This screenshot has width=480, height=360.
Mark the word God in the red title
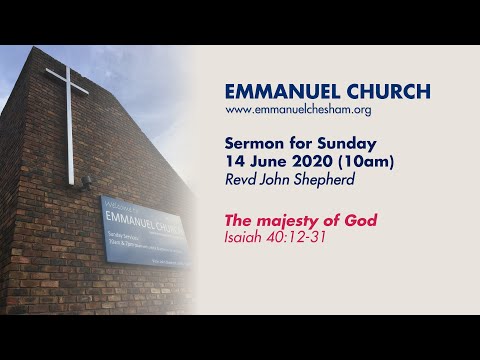click(x=360, y=220)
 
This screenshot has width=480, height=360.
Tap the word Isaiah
click(x=246, y=237)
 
